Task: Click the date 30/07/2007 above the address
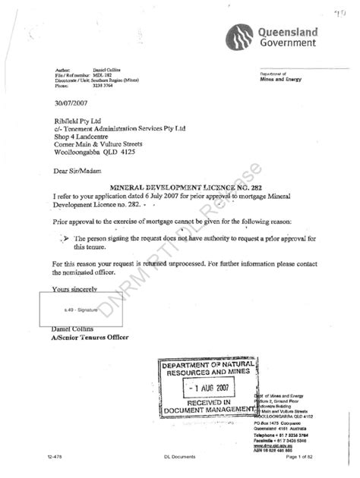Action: click(x=73, y=105)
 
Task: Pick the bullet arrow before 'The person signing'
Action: click(x=65, y=237)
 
